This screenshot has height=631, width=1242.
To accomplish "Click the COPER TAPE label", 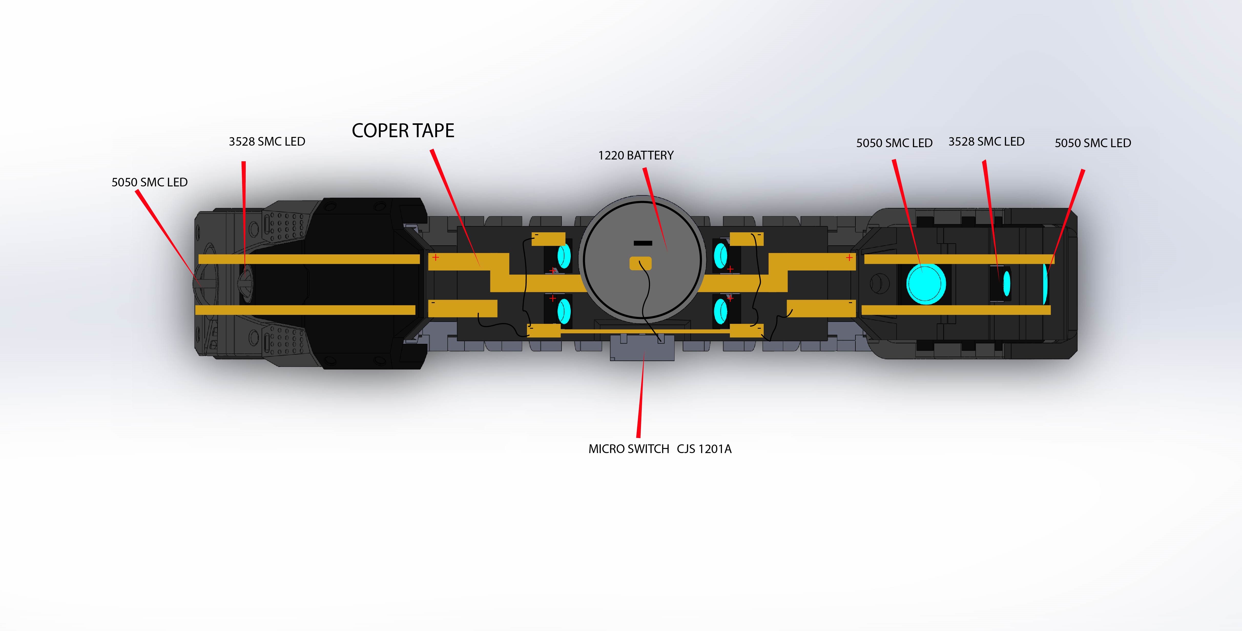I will pyautogui.click(x=402, y=131).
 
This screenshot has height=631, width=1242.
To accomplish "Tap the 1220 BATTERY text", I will pyautogui.click(x=635, y=155).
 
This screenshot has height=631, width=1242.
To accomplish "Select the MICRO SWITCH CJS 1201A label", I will pyautogui.click(x=660, y=449).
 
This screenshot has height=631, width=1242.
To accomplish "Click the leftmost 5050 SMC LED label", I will pyautogui.click(x=149, y=182).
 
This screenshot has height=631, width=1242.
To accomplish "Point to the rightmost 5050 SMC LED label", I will pyautogui.click(x=1093, y=143).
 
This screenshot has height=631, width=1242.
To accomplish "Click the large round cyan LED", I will pyautogui.click(x=926, y=284).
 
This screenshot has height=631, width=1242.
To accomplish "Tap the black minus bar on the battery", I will pyautogui.click(x=643, y=243).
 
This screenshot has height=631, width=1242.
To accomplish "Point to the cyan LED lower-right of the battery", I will pyautogui.click(x=720, y=311).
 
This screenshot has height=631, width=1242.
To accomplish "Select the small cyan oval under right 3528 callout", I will pyautogui.click(x=1006, y=284).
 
